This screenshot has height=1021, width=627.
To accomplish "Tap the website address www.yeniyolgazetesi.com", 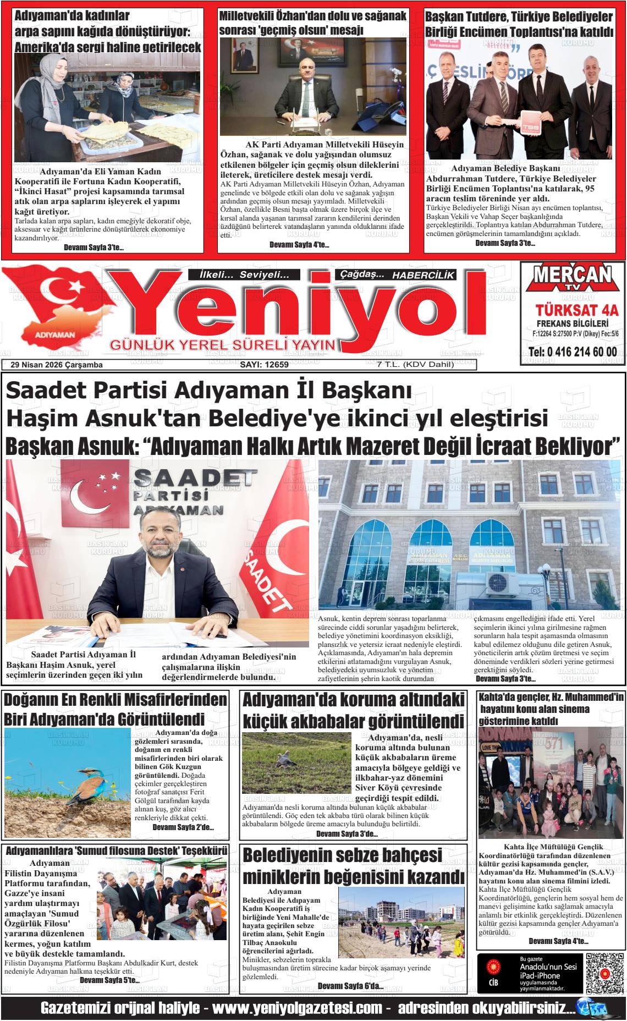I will [297, 1008].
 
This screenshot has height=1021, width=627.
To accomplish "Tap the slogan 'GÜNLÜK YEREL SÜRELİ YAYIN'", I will [223, 345].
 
